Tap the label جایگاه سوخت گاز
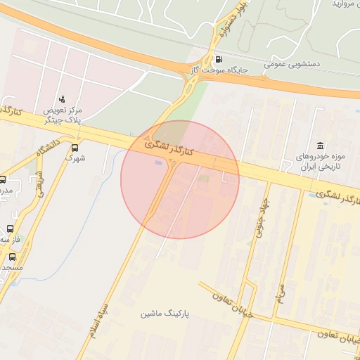219,71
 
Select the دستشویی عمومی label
292,63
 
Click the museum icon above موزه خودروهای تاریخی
319,145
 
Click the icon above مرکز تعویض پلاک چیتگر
62,99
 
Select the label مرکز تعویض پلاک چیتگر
63,115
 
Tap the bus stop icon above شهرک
75,148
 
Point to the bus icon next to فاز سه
10,229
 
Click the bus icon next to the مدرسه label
2,180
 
